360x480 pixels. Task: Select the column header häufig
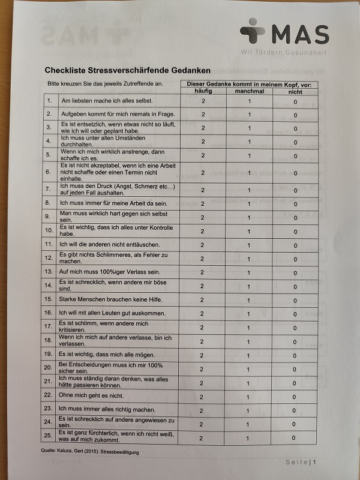tap(203, 92)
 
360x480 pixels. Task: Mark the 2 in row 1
tap(203, 101)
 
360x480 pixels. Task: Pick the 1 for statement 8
tap(249, 203)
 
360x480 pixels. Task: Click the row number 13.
tap(49, 272)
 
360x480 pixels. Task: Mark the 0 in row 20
tap(295, 369)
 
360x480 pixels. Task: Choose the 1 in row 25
tap(248, 439)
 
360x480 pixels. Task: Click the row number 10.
tap(49, 230)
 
